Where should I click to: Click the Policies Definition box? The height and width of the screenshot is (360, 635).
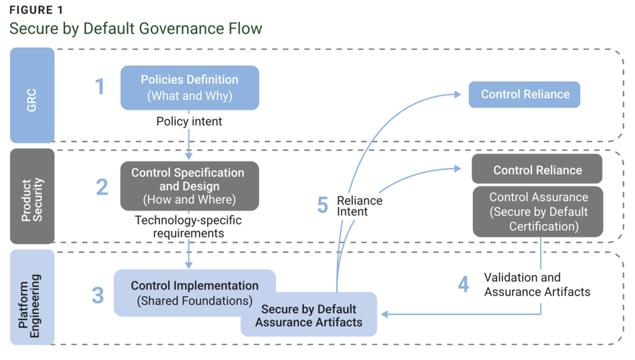pyautogui.click(x=190, y=87)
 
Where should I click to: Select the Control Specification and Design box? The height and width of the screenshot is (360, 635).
pyautogui.click(x=190, y=186)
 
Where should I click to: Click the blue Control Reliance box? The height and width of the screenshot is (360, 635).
pyautogui.click(x=525, y=94)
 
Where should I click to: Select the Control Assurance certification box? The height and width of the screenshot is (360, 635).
pyautogui.click(x=538, y=211)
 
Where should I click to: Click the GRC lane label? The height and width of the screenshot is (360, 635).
pyautogui.click(x=32, y=96)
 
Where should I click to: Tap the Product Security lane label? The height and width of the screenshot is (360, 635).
pyautogui.click(x=32, y=196)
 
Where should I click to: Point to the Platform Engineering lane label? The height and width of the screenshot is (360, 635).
pyautogui.click(x=32, y=297)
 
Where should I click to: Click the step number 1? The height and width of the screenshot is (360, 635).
pyautogui.click(x=100, y=87)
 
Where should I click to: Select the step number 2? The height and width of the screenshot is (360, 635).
pyautogui.click(x=102, y=187)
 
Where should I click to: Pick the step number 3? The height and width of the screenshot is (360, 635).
pyautogui.click(x=98, y=295)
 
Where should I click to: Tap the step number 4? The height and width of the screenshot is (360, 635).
pyautogui.click(x=463, y=284)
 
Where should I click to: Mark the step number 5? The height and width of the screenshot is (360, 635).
pyautogui.click(x=323, y=205)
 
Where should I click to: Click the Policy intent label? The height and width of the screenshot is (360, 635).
pyautogui.click(x=189, y=122)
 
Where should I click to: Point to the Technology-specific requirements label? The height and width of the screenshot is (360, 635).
pyautogui.click(x=188, y=226)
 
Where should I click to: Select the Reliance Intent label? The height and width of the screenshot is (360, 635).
pyautogui.click(x=360, y=206)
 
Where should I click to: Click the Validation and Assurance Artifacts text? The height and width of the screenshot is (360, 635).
pyautogui.click(x=537, y=285)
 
